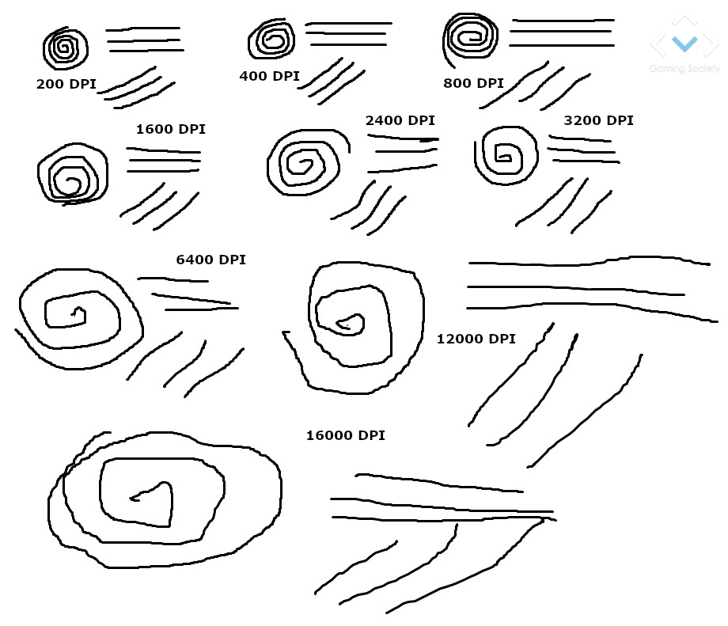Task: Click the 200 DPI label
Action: tap(66, 84)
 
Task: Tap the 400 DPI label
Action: tap(269, 76)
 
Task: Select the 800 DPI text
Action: tap(473, 83)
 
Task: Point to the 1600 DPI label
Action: tap(170, 129)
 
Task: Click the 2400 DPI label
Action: tap(400, 120)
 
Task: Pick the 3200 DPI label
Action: tap(598, 120)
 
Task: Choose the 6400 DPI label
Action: tap(210, 260)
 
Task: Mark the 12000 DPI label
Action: tap(476, 339)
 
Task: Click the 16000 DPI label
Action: tap(346, 435)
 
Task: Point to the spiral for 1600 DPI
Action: tap(107, 175)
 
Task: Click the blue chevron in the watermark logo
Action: tap(684, 44)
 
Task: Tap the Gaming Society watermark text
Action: tap(684, 69)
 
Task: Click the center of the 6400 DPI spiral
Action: tap(74, 314)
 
